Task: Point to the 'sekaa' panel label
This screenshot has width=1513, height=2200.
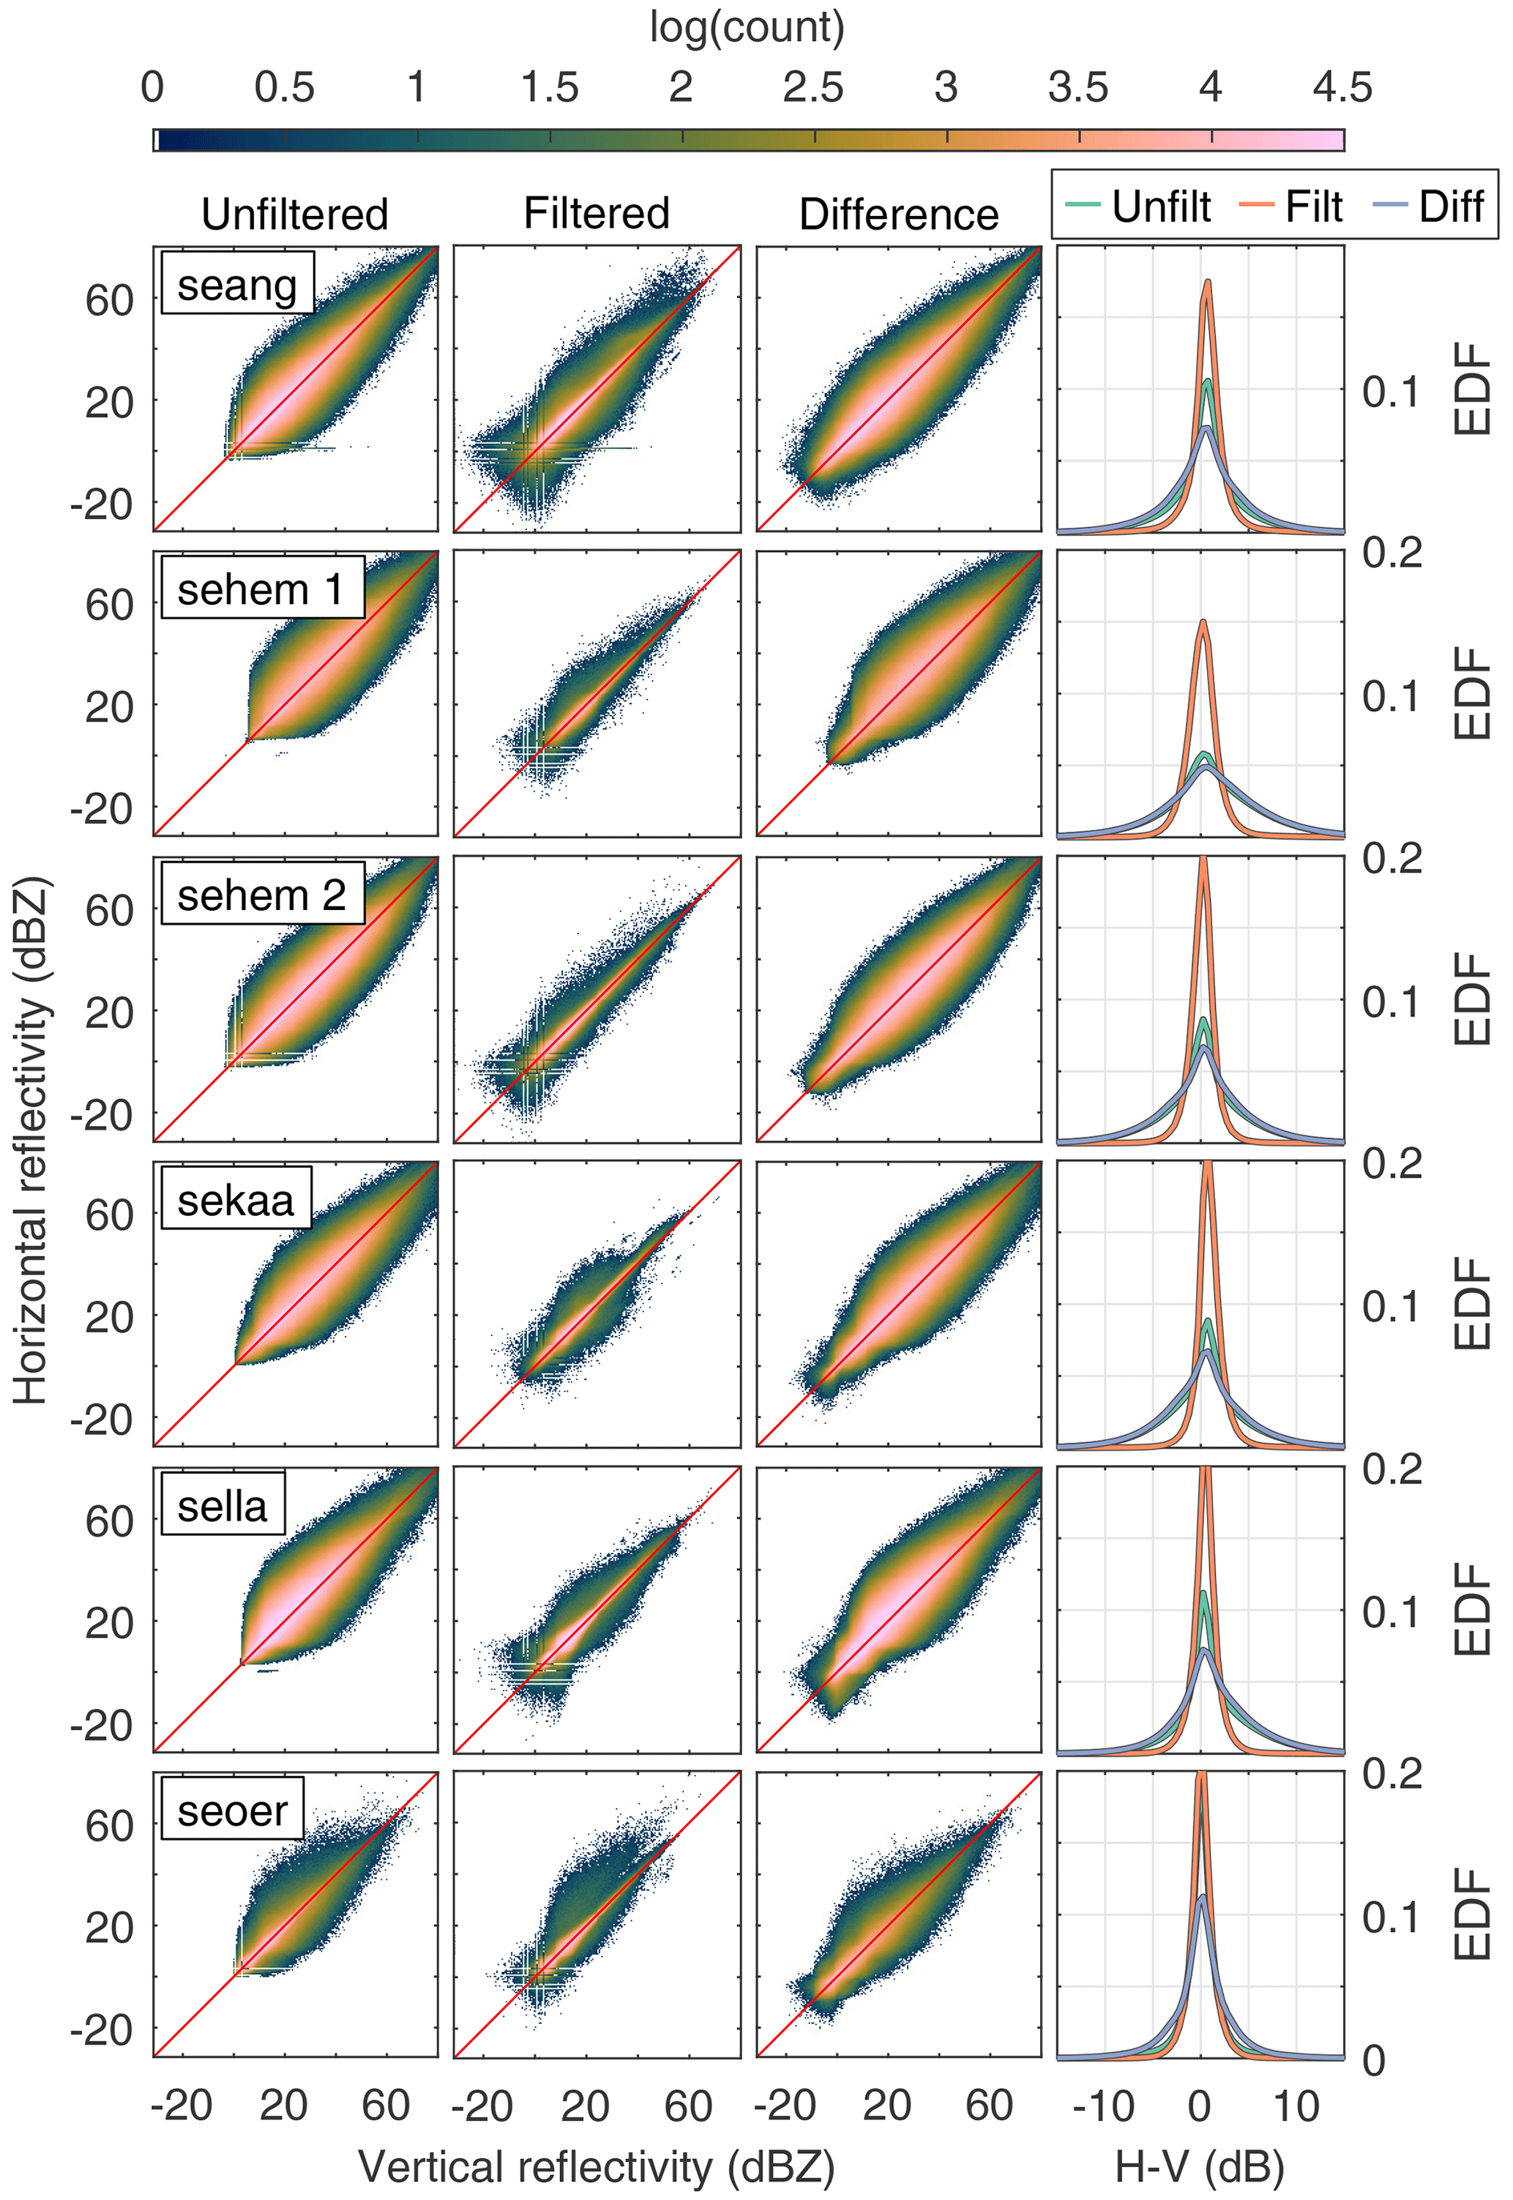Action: [x=236, y=1200]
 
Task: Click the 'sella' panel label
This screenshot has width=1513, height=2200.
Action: [x=223, y=1505]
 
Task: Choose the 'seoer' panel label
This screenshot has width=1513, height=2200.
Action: [x=232, y=1811]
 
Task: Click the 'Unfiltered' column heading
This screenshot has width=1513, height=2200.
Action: [x=295, y=215]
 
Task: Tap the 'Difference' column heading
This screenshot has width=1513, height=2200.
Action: [x=899, y=215]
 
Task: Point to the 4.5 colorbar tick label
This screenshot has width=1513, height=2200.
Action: [x=1342, y=87]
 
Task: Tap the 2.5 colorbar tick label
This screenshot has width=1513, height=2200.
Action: [x=813, y=87]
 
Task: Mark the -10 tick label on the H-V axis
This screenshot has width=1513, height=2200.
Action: [x=1104, y=2105]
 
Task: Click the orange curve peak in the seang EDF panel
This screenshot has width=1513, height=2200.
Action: [x=1208, y=282]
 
